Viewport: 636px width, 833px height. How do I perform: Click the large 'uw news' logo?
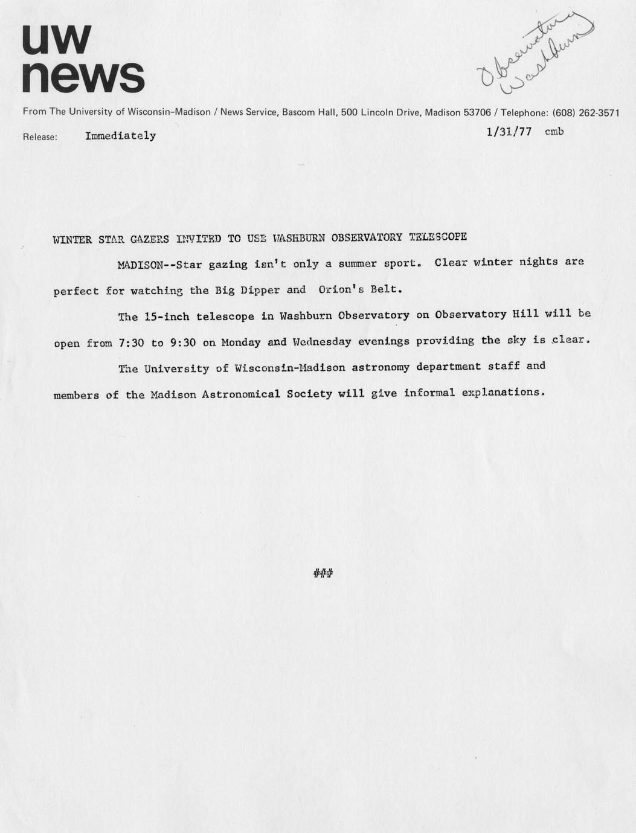(x=83, y=59)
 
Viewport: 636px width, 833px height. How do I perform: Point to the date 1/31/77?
(x=509, y=131)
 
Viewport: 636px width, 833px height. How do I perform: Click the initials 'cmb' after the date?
(x=554, y=131)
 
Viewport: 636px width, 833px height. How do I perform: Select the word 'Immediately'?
(x=120, y=136)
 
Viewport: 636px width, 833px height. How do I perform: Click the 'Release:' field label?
(x=40, y=137)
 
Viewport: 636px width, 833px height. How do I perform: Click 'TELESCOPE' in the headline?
(x=437, y=236)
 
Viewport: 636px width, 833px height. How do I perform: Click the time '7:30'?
(x=132, y=343)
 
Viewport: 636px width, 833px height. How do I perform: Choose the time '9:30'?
(x=183, y=343)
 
